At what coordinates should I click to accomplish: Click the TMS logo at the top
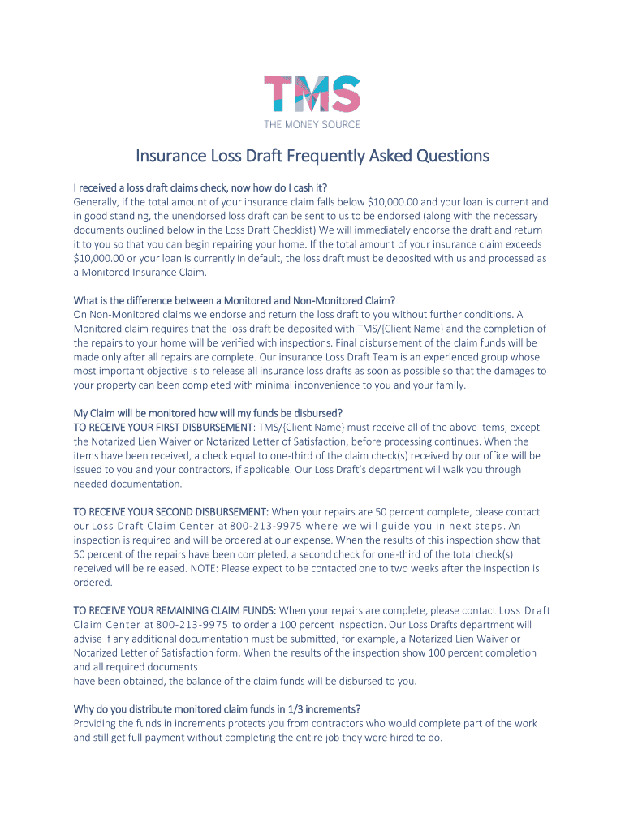pyautogui.click(x=312, y=94)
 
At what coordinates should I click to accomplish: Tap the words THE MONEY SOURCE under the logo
pyautogui.click(x=312, y=124)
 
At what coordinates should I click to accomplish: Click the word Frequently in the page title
pyautogui.click(x=317, y=156)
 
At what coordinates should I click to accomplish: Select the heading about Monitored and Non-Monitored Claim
pyautogui.click(x=234, y=301)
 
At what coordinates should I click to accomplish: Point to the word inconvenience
pyautogui.click(x=317, y=385)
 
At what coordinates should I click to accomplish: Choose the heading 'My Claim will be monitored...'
pyautogui.click(x=208, y=413)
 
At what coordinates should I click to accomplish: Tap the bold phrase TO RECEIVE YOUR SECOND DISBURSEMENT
pyautogui.click(x=170, y=512)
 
